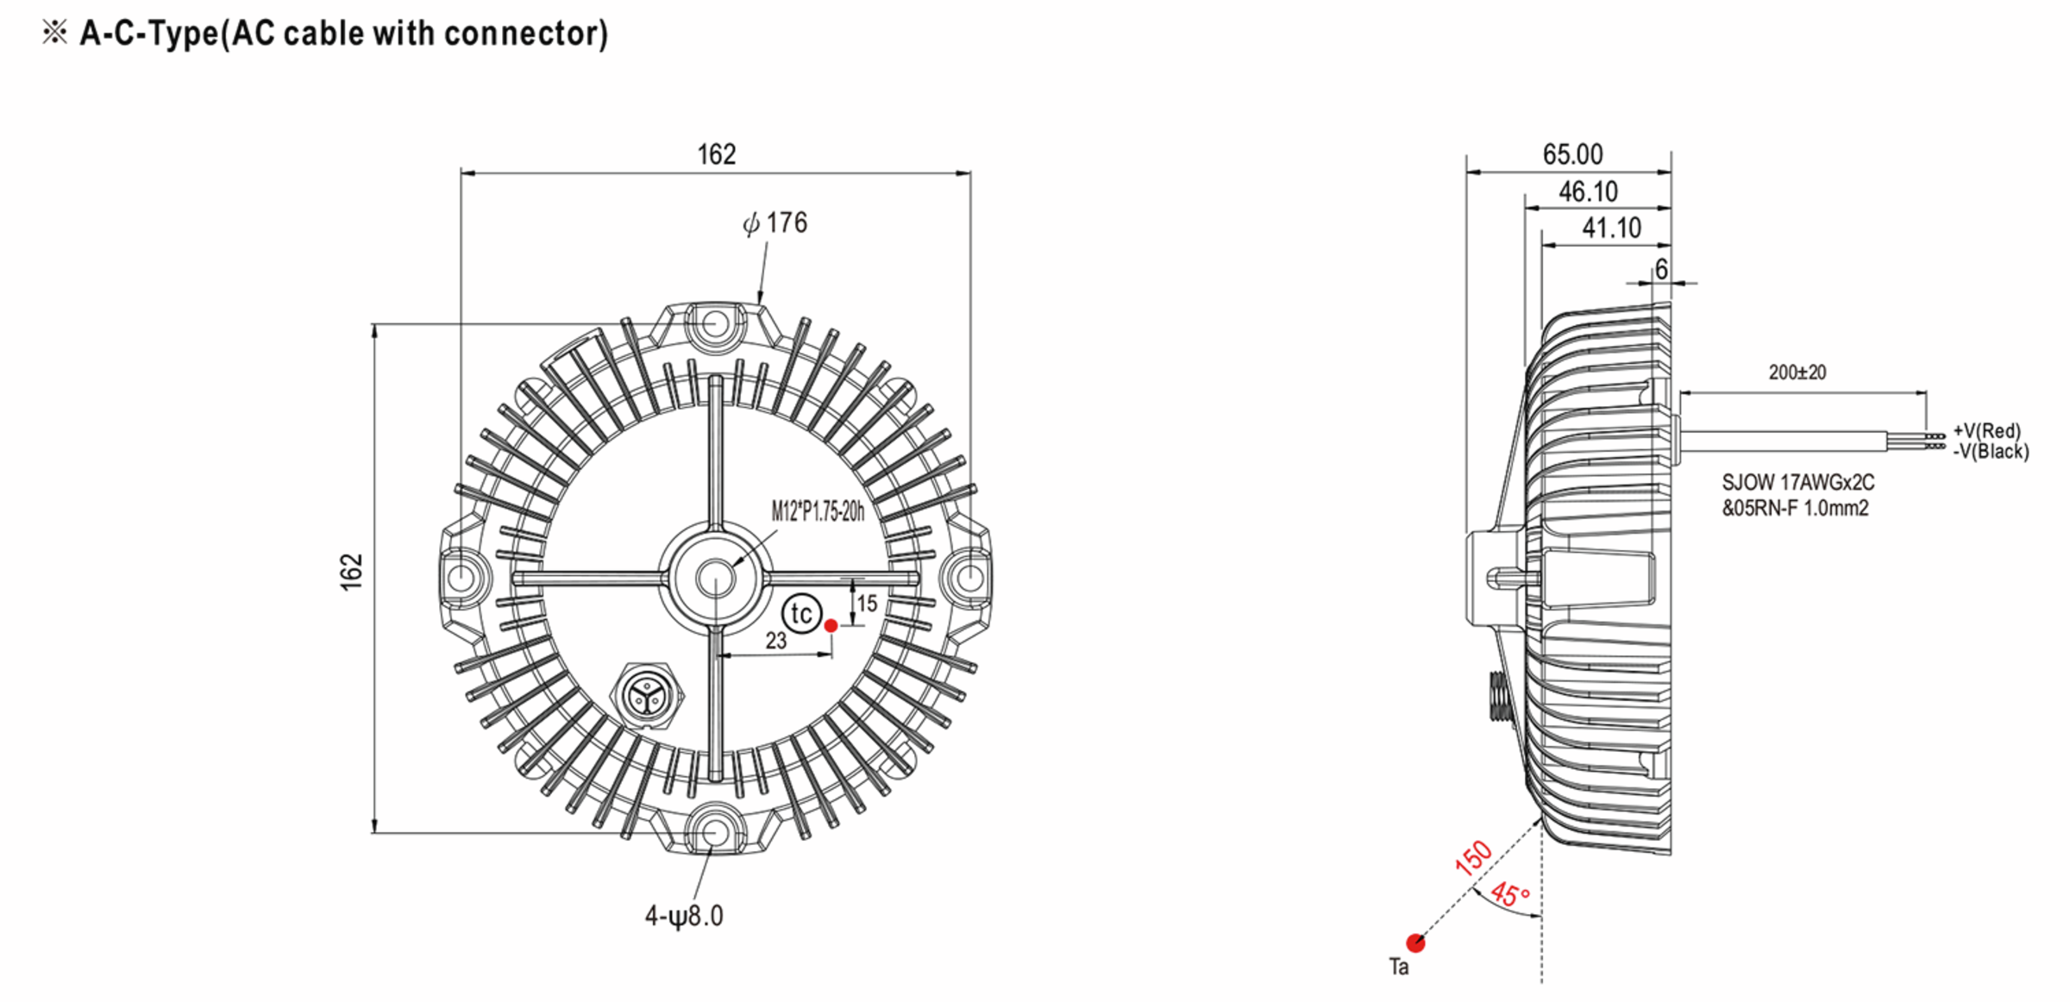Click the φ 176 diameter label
pos(775,223)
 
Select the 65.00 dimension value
pos(1572,154)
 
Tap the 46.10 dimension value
pos(1588,191)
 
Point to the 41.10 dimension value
pos(1611,228)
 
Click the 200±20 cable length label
pos(1797,373)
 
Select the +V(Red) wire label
pos(1986,430)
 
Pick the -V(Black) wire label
pos(1991,451)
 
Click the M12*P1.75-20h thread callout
pos(818,511)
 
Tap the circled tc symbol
pos(801,613)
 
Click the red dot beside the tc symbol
pos(831,625)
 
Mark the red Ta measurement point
pos(1415,943)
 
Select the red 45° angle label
pos(1510,894)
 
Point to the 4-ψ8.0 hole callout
pos(684,916)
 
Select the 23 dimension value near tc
pos(776,641)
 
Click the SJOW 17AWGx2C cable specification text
pos(1798,483)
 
